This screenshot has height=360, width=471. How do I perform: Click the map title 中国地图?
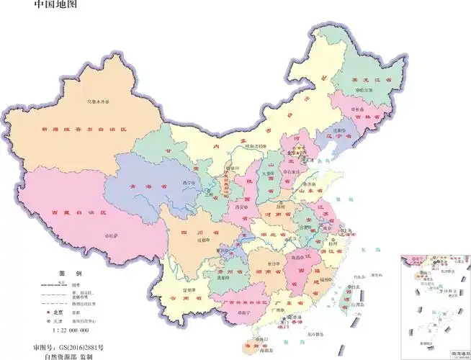55,5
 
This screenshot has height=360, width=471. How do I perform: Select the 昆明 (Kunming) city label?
188,289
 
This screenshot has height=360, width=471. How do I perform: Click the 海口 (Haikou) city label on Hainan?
264,338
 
